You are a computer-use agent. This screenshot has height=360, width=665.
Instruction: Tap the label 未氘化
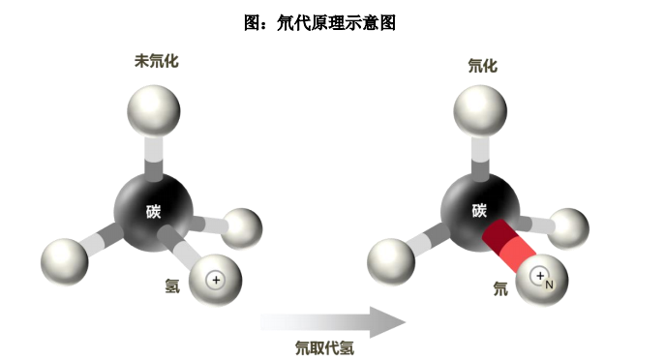(157, 61)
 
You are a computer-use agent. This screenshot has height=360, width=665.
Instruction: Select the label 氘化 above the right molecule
(483, 66)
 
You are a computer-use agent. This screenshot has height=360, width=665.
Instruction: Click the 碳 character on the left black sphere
(154, 211)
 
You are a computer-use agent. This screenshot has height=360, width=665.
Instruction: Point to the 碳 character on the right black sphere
(480, 210)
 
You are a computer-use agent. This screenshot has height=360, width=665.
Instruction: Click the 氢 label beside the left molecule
(172, 286)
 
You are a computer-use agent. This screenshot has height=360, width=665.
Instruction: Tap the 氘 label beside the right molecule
(500, 288)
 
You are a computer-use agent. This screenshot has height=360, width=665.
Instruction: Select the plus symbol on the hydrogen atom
(216, 280)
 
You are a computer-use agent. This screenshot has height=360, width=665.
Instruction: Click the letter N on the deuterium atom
(549, 285)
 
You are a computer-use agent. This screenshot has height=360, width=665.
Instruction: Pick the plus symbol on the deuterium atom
(540, 276)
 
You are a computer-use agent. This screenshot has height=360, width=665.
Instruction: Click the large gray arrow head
(387, 322)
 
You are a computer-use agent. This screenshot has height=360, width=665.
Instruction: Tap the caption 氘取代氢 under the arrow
(325, 348)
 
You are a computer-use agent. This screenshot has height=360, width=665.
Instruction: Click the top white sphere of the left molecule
(154, 111)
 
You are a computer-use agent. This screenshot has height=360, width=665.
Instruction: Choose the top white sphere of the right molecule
(480, 111)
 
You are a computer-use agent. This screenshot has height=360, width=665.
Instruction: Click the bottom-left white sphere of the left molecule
(65, 261)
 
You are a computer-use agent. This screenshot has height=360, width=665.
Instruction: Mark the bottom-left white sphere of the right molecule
(391, 261)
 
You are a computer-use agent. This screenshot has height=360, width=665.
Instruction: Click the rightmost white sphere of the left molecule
(242, 228)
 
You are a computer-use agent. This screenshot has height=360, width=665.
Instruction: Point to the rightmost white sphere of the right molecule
(568, 228)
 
